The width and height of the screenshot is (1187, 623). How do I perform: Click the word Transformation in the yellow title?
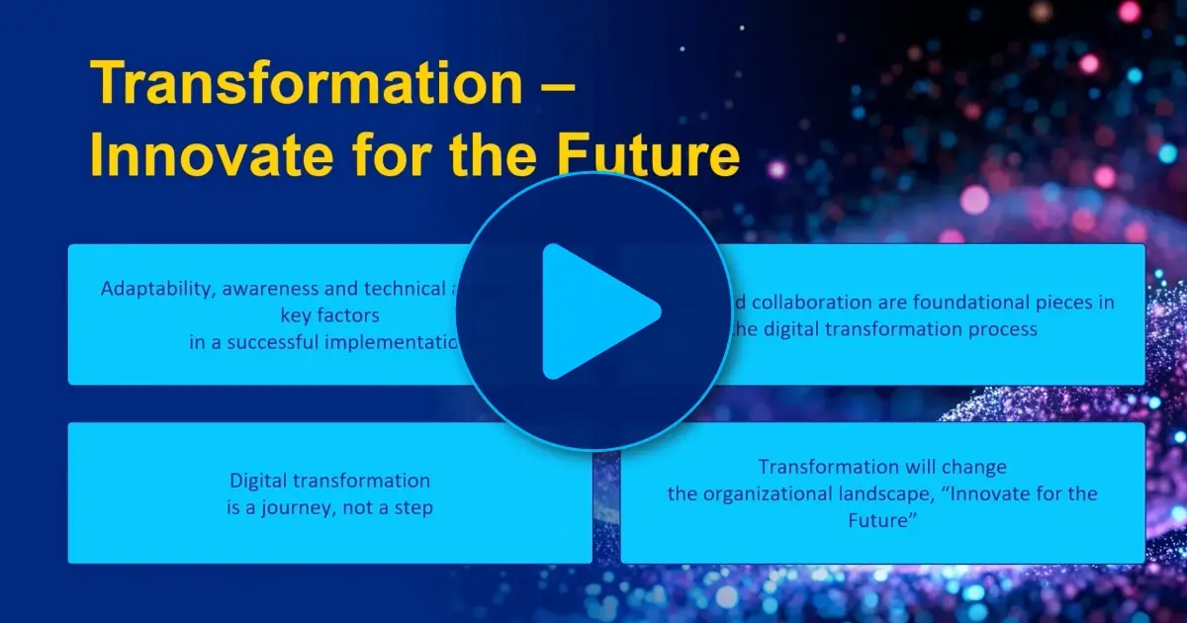click(308, 84)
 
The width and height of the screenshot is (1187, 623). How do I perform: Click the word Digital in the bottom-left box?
click(259, 482)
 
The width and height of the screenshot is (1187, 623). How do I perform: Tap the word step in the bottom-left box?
click(415, 508)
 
